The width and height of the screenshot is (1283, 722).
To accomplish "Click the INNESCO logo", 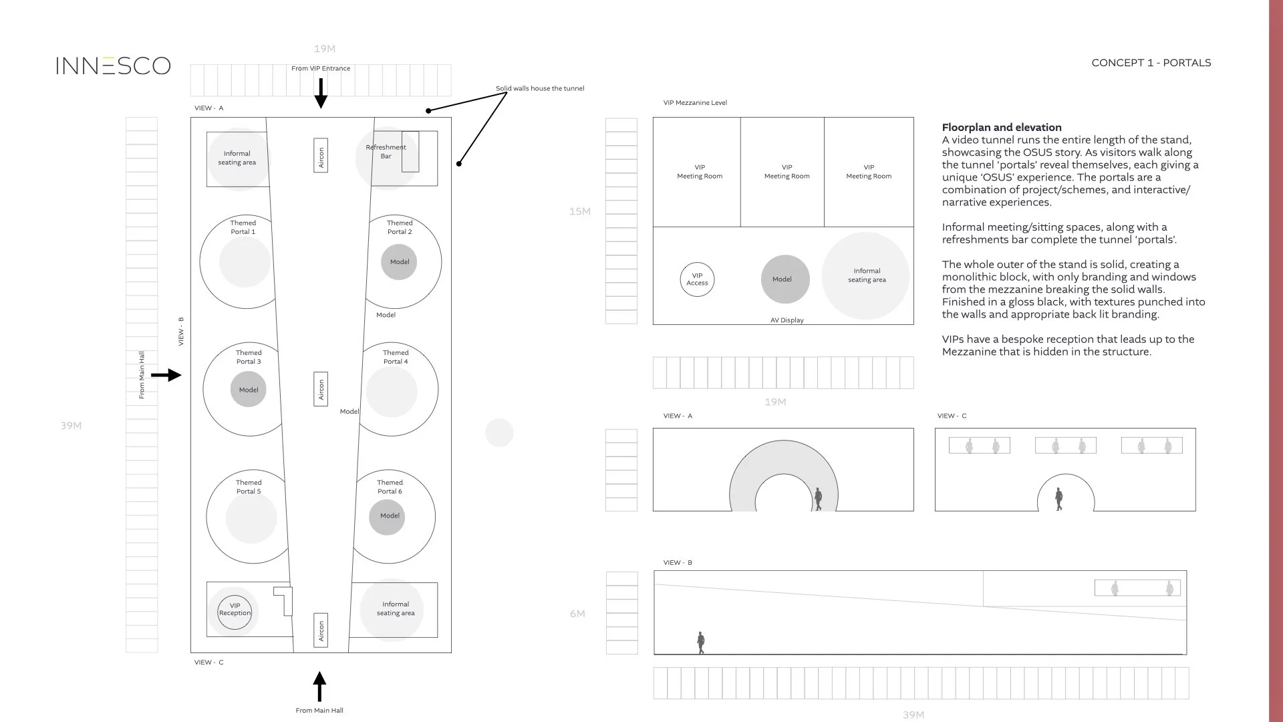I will tap(113, 66).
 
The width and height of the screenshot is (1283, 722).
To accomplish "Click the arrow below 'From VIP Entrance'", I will tap(321, 93).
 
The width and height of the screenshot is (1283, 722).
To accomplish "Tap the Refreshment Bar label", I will tap(386, 152).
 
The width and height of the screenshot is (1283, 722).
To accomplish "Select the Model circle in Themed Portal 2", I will tap(399, 262).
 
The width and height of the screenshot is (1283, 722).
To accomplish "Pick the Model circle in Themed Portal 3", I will tap(249, 390).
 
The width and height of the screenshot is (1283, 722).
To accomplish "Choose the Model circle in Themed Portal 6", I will tap(387, 516).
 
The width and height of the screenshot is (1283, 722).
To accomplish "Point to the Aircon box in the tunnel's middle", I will tap(321, 389).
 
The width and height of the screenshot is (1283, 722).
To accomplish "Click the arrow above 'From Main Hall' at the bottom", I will tap(319, 687).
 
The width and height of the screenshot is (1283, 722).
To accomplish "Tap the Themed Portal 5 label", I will tap(249, 487).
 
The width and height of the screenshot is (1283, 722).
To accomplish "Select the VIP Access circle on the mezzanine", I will tap(697, 279).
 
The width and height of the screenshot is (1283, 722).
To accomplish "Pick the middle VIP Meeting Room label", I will tap(787, 172).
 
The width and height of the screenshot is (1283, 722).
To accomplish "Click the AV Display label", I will tap(787, 320).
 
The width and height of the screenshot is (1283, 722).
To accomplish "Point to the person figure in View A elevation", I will tap(818, 499).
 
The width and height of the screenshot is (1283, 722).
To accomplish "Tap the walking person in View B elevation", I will tap(700, 642).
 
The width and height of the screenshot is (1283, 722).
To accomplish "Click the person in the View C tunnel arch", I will tap(1058, 499).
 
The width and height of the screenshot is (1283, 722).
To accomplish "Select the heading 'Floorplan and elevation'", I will tap(1001, 128).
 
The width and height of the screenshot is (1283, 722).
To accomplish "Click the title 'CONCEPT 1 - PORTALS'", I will tap(1151, 63).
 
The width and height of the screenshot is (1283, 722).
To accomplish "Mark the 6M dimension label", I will tap(577, 614).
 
